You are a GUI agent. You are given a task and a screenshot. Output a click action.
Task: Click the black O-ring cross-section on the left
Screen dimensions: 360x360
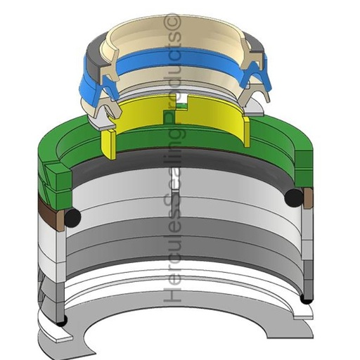tap(72, 218)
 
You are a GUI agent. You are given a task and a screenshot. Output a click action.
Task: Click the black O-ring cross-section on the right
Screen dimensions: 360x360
tap(294, 198)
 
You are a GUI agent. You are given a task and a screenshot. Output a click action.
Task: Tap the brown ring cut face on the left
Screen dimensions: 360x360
tap(60, 220)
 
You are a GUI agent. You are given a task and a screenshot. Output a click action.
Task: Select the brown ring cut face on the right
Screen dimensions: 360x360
tap(308, 198)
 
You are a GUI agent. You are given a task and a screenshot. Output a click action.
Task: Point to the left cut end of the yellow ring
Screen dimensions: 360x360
tap(108, 144)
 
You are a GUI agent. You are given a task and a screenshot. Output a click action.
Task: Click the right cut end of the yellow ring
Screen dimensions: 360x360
tap(247, 131)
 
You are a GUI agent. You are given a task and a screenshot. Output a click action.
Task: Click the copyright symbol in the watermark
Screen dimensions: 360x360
tap(175, 22)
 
